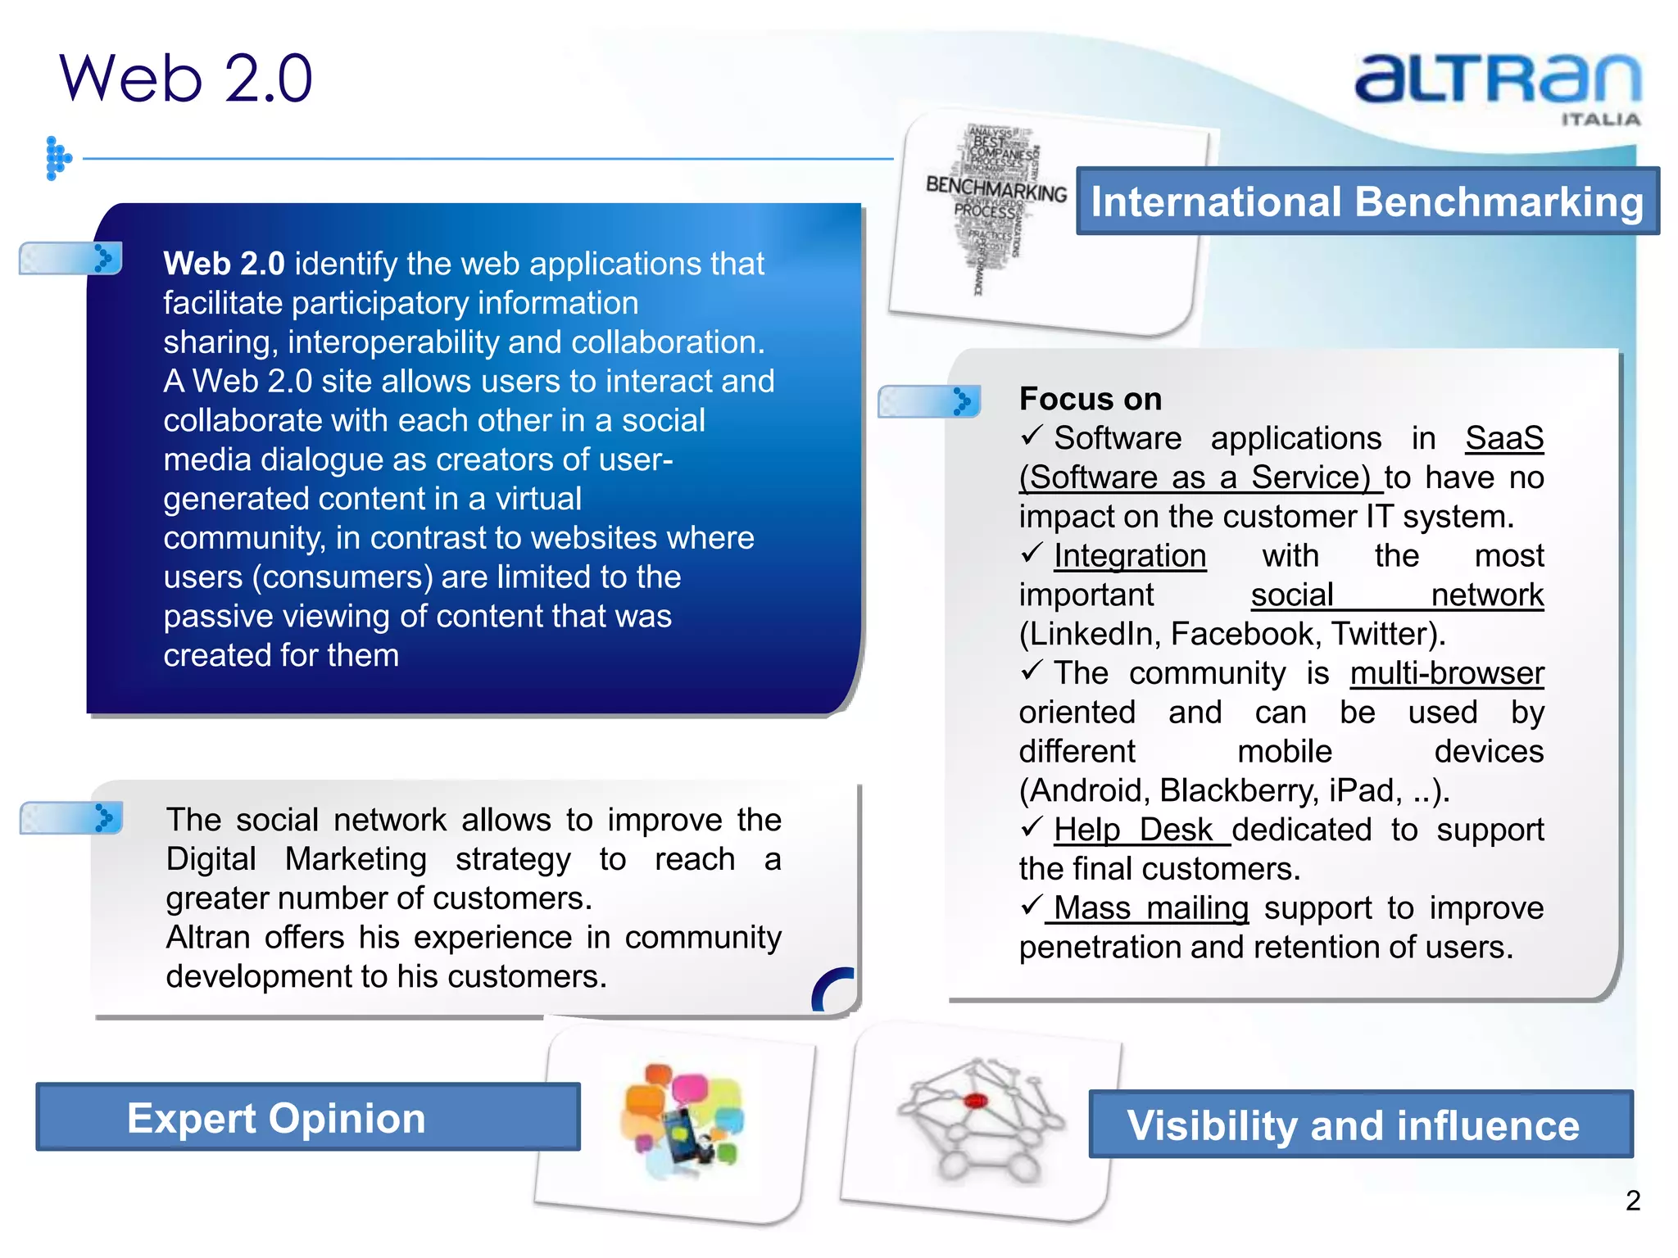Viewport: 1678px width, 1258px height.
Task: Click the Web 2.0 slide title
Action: [x=186, y=78]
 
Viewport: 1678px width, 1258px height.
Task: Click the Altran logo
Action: [x=1498, y=82]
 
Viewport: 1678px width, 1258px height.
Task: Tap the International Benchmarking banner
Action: [x=1367, y=201]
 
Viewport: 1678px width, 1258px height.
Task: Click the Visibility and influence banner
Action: [x=1360, y=1125]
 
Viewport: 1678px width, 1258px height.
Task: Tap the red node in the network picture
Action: [x=975, y=1101]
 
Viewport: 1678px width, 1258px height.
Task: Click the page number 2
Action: [x=1632, y=1201]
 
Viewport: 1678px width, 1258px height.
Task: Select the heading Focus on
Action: [x=1090, y=399]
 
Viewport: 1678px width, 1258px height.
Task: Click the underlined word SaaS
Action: [x=1503, y=438]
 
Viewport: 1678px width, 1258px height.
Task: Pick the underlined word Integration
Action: [x=1129, y=556]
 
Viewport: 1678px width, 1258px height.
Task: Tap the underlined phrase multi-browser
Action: [x=1446, y=673]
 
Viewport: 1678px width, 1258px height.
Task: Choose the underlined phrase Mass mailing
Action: [x=1150, y=908]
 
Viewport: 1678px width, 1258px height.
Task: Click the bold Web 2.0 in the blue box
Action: [x=224, y=264]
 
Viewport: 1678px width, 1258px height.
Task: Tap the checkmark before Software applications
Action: [x=1032, y=436]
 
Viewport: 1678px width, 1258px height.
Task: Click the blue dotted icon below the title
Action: [x=57, y=158]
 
